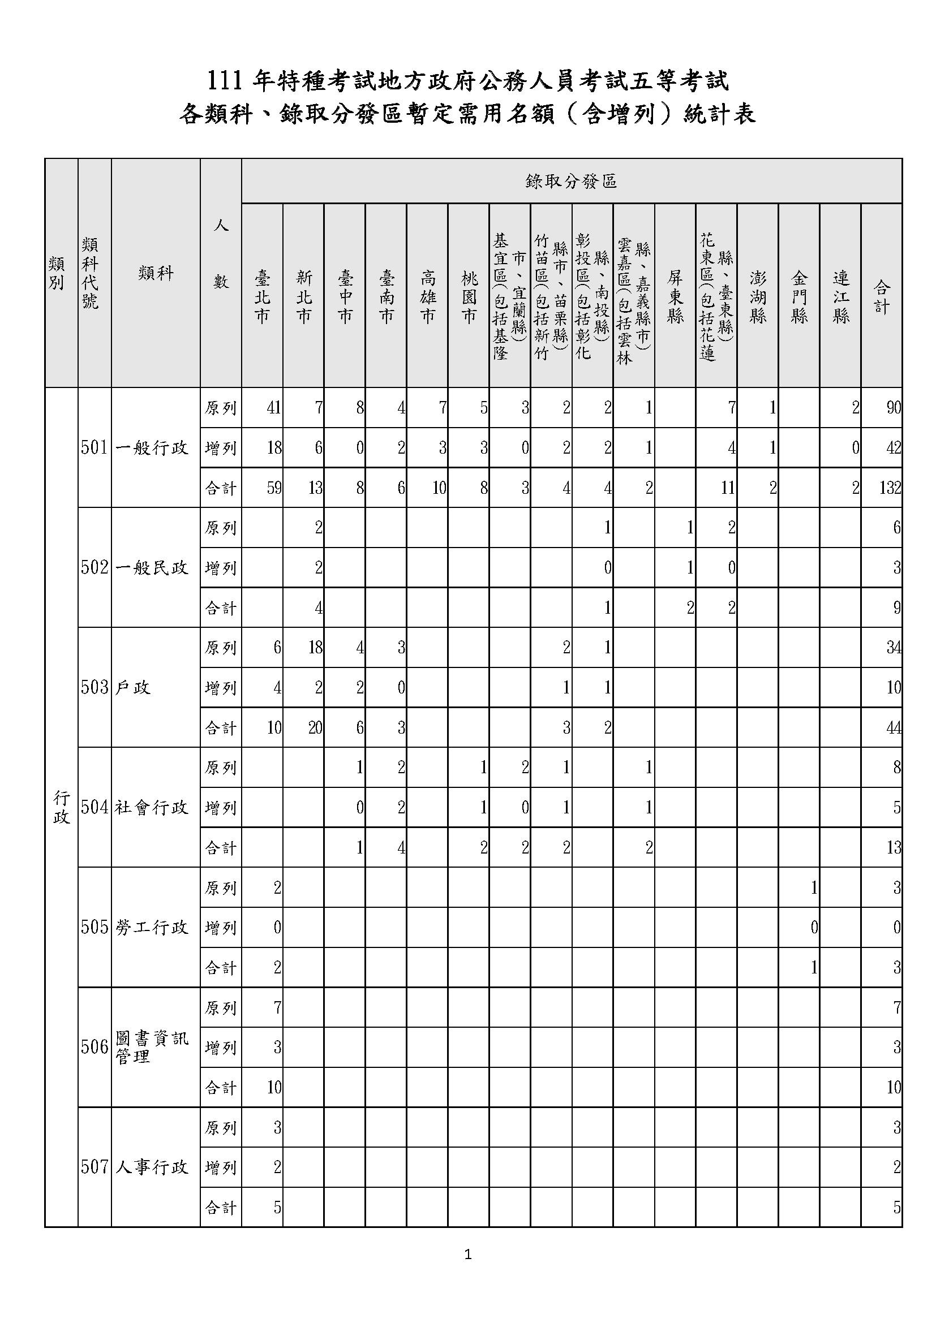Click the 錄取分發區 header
(x=571, y=182)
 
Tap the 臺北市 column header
(x=262, y=296)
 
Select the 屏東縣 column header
(x=675, y=296)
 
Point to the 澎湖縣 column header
(x=757, y=296)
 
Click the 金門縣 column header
(x=799, y=296)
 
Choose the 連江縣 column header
(x=840, y=296)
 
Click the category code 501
(x=95, y=448)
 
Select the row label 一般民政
(x=152, y=567)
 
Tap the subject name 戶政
(x=133, y=687)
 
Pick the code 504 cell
(x=95, y=807)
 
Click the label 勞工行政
(x=152, y=927)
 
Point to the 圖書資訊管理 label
(x=152, y=1047)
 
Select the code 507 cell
(x=95, y=1167)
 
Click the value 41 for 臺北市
(x=273, y=408)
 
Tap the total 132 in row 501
(x=890, y=488)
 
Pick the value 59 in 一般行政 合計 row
(x=273, y=488)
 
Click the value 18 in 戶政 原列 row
(x=315, y=648)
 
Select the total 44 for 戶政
(x=894, y=728)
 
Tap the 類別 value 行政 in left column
(x=61, y=807)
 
